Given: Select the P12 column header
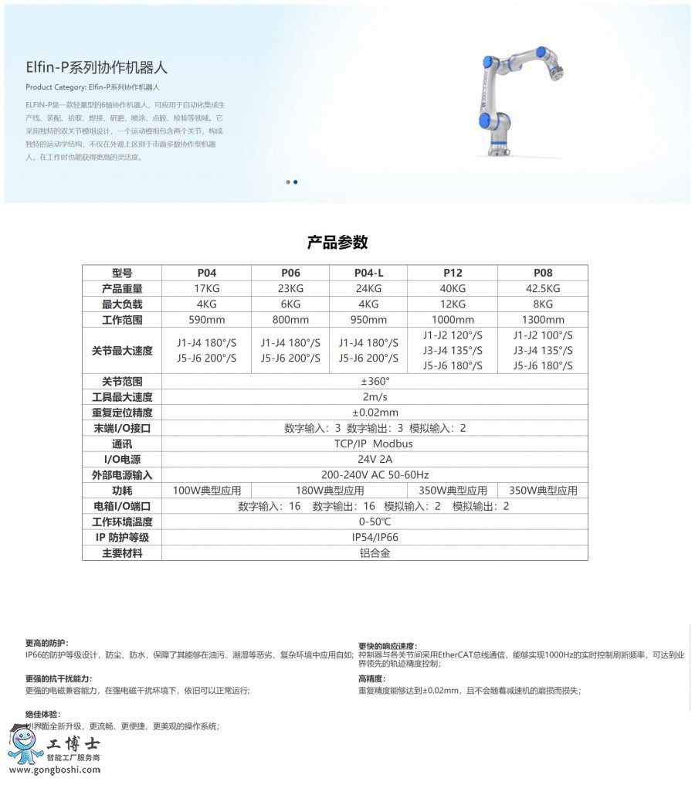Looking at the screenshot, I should tap(453, 273).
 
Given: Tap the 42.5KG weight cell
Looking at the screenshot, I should tap(543, 288).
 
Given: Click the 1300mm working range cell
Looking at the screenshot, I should tap(543, 319).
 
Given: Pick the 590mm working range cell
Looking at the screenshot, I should tap(207, 319).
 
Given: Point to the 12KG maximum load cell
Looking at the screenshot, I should tap(453, 304).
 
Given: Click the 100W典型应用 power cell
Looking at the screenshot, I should tap(207, 491).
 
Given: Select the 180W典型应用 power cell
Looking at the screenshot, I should tap(330, 491).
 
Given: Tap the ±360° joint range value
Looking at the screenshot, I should tap(375, 382).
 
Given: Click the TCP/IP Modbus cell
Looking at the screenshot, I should tap(375, 443).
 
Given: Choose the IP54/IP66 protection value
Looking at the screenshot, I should tap(375, 537).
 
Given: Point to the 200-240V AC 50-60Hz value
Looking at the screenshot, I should tap(375, 474).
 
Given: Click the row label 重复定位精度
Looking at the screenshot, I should tap(122, 413).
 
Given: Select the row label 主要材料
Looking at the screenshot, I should tap(122, 553).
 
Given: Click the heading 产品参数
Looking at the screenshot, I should tap(337, 242).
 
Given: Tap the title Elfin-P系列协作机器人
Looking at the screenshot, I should tap(97, 68).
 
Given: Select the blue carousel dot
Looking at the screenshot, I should tap(296, 182).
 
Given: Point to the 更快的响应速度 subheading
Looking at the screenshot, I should tap(387, 646).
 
